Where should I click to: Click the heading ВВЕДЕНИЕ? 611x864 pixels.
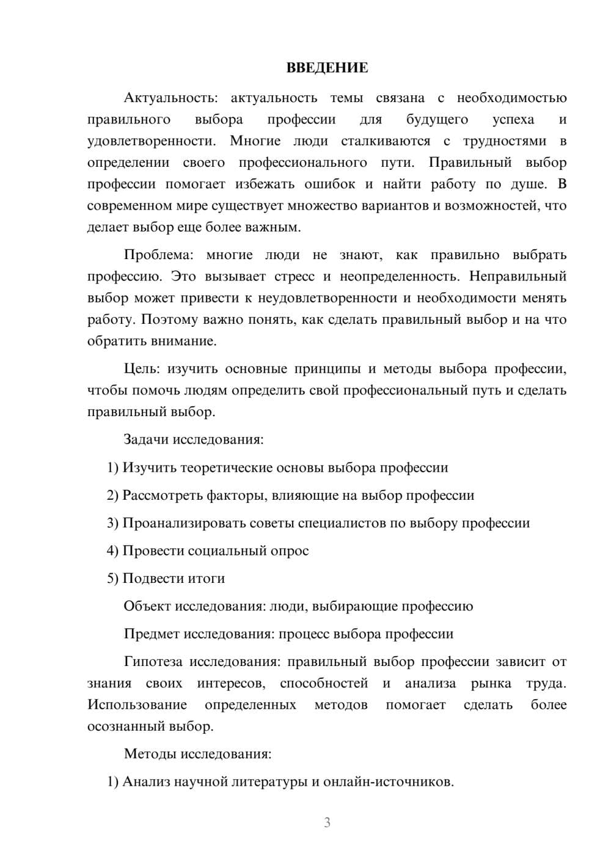tap(327, 68)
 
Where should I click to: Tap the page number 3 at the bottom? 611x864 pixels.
tap(327, 822)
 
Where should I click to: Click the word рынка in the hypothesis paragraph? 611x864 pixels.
tap(491, 683)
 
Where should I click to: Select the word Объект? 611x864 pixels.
tap(147, 606)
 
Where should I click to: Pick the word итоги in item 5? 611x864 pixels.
tap(205, 578)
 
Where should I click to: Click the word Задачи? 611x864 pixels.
tap(147, 439)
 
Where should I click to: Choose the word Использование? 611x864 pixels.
tap(137, 705)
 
